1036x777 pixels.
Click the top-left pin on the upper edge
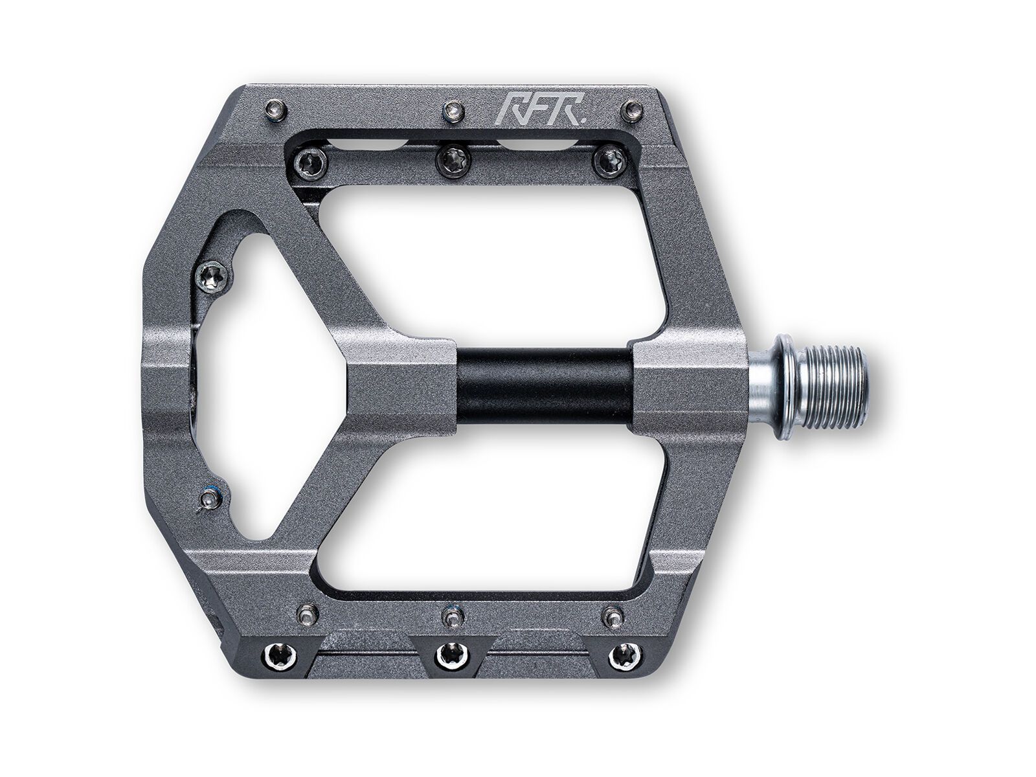(273, 111)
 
